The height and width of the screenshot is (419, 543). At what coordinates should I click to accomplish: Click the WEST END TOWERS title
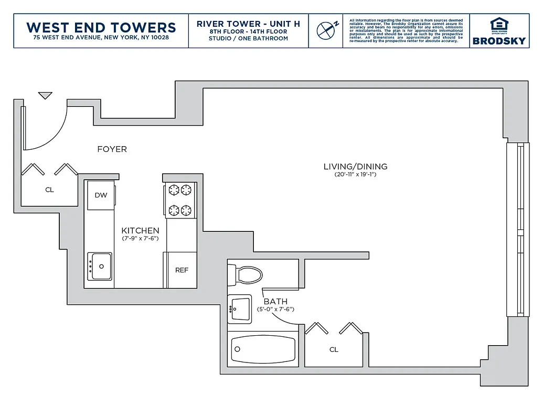tap(101, 27)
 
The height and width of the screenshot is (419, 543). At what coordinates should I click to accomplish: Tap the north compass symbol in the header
tap(327, 30)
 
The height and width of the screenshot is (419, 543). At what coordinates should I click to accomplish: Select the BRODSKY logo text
tap(498, 41)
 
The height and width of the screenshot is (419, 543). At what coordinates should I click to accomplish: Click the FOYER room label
tap(112, 149)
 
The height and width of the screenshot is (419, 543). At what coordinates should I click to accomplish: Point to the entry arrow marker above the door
tap(45, 95)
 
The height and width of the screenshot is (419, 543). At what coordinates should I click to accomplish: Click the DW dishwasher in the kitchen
tap(101, 195)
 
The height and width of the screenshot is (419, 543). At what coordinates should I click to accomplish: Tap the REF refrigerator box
tap(182, 270)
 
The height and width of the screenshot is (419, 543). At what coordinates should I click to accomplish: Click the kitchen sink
tap(99, 266)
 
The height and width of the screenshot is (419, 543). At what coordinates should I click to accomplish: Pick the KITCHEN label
tap(140, 230)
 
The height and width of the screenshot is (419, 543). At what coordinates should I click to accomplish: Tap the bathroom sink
tap(240, 309)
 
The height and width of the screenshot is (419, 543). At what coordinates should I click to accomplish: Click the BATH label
tap(275, 302)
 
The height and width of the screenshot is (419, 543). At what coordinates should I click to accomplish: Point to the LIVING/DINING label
tap(355, 167)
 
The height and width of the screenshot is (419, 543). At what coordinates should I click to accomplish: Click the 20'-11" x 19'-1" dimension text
tap(355, 175)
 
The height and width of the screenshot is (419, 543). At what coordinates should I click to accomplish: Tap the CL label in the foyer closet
tap(49, 190)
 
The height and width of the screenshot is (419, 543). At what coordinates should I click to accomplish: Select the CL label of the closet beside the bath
tap(334, 349)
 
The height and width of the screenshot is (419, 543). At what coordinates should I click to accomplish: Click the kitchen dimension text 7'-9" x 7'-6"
tap(140, 239)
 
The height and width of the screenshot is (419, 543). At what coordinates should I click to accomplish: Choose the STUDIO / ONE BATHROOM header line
tap(248, 39)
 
